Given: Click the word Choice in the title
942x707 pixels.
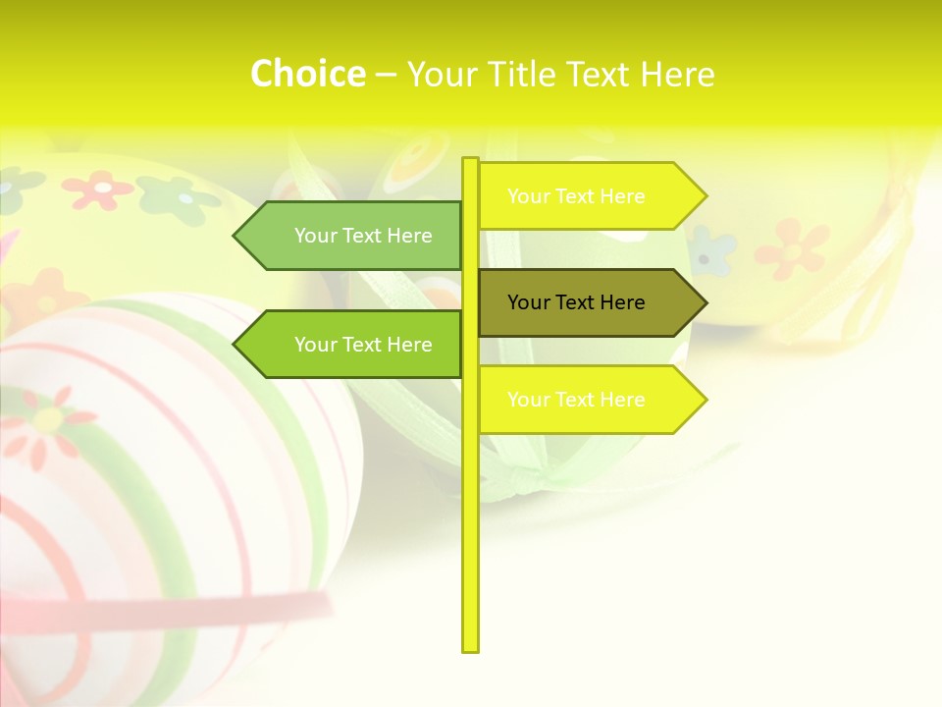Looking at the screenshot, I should tap(307, 75).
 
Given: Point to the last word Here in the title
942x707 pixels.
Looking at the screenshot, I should tap(677, 75).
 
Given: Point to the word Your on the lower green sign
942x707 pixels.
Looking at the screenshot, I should tap(315, 345).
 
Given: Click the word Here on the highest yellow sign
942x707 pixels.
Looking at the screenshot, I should tap(621, 196).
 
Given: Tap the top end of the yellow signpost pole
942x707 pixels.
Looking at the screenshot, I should tap(470, 162).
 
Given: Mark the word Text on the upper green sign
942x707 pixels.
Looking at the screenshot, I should tap(363, 236).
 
